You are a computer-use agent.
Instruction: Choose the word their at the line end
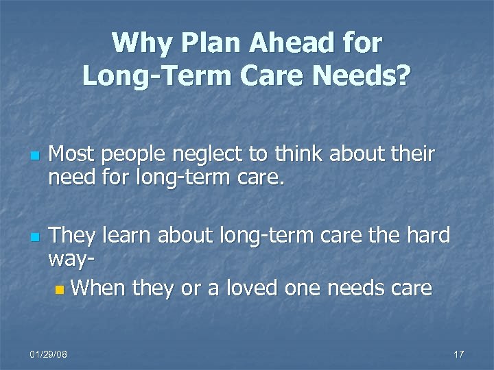pyautogui.click(x=410, y=155)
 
